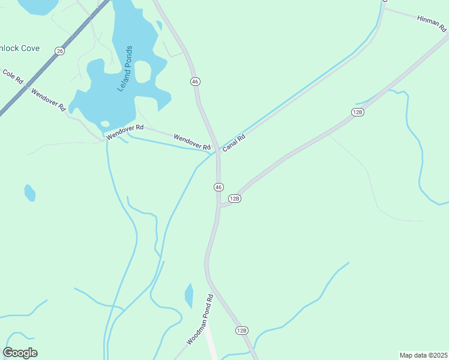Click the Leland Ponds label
pyautogui.click(x=126, y=68)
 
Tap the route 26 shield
pyautogui.click(x=59, y=51)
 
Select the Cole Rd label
pyautogui.click(x=13, y=76)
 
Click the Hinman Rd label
pyautogui.click(x=432, y=23)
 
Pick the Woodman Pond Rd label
pyautogui.click(x=200, y=320)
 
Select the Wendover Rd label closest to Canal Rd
pyautogui.click(x=192, y=142)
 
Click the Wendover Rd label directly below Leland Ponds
pyautogui.click(x=125, y=133)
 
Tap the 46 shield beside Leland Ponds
pyautogui.click(x=195, y=81)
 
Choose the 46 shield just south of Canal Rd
pyautogui.click(x=218, y=187)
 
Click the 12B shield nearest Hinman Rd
pyautogui.click(x=358, y=112)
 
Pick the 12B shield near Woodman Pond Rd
pyautogui.click(x=241, y=331)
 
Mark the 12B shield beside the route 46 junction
pyautogui.click(x=234, y=199)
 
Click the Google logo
pyautogui.click(x=20, y=353)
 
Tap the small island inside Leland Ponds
pyautogui.click(x=142, y=71)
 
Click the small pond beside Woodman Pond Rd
pyautogui.click(x=189, y=295)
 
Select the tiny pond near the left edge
pyautogui.click(x=29, y=193)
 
